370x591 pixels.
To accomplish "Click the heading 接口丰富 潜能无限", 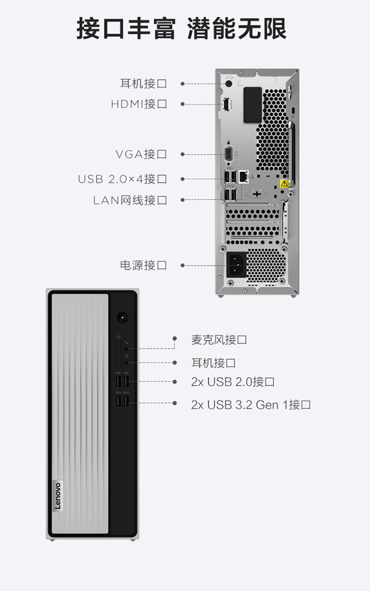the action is (x=181, y=29).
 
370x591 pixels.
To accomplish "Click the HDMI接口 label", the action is (x=139, y=104).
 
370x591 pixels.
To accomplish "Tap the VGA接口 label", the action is (x=141, y=154).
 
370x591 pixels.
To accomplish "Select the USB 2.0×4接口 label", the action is (x=122, y=179).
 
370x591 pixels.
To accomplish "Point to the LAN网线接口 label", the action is (x=130, y=200).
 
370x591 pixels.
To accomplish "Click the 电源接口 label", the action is (x=143, y=265).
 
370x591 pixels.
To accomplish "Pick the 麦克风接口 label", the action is (x=219, y=340).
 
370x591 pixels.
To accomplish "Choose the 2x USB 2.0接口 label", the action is (x=233, y=382).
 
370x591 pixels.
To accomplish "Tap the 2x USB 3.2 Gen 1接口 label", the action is (x=251, y=404).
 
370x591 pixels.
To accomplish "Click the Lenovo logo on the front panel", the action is (x=58, y=495).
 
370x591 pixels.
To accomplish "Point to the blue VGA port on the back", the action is (x=229, y=153).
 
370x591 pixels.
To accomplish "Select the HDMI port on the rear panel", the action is (x=225, y=104).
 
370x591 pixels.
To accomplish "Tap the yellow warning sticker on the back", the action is (x=283, y=183).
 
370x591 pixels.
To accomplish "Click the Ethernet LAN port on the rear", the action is (x=243, y=176).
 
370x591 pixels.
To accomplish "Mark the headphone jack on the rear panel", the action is (x=229, y=83).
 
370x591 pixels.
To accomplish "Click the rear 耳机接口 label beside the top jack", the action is (x=143, y=84).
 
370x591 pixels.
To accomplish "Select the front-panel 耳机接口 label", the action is (x=213, y=363).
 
